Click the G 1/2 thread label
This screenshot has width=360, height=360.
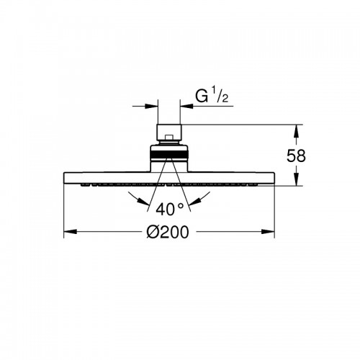click(212, 96)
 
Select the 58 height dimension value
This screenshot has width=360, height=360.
click(296, 156)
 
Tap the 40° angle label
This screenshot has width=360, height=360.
click(170, 209)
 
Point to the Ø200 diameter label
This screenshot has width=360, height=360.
click(168, 232)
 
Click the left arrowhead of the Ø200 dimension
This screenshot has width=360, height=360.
click(70, 232)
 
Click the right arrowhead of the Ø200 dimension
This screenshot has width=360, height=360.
click(268, 232)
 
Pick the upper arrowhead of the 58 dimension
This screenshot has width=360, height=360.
click(297, 131)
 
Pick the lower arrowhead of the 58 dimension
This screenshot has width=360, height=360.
click(297, 179)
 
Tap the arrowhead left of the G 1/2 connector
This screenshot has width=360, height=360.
click(151, 106)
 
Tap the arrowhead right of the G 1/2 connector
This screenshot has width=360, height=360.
click(186, 106)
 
